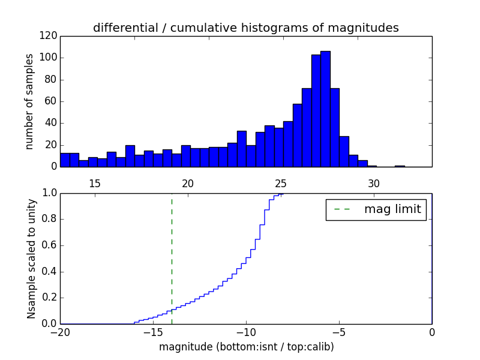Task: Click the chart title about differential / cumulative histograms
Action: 245,28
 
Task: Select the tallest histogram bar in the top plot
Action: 325,108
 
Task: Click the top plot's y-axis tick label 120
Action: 50,36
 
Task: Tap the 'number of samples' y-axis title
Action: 29,101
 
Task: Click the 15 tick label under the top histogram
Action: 94,184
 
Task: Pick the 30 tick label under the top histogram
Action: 374,184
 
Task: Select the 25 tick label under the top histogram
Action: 281,184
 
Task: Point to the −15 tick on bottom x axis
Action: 153,332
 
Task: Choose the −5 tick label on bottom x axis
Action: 339,332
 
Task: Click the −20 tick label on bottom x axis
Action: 60,332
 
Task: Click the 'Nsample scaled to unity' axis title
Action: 31,259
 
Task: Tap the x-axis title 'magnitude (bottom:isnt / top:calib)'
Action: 246,347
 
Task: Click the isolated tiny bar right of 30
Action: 400,166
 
